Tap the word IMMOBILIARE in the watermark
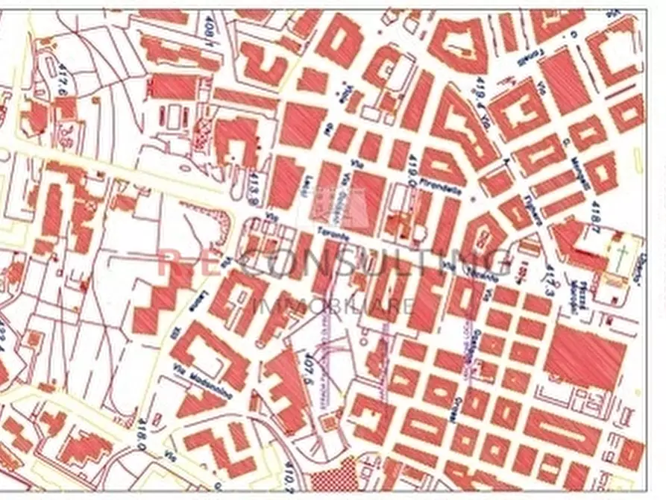(333, 304)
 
